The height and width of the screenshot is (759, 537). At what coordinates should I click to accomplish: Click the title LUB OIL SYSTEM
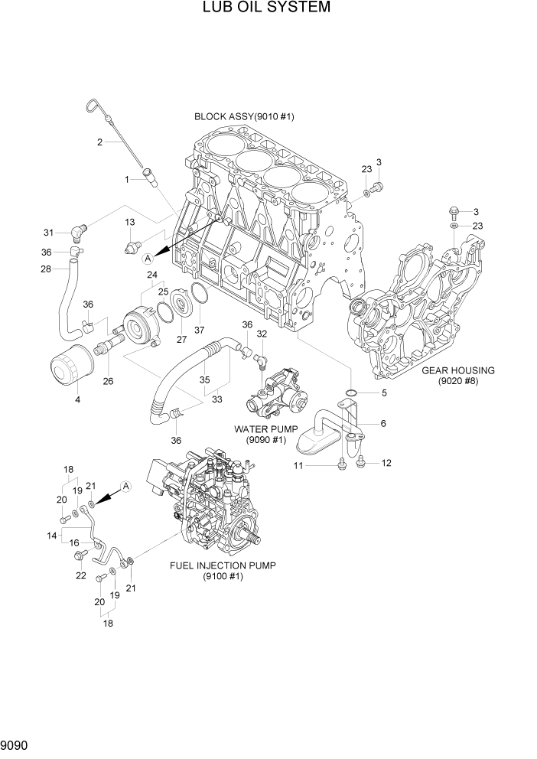click(267, 8)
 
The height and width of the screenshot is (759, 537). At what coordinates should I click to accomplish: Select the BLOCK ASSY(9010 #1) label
click(244, 117)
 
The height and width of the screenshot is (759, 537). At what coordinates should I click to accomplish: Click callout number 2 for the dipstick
click(99, 142)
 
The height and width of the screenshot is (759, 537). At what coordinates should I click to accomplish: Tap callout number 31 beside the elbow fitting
click(48, 233)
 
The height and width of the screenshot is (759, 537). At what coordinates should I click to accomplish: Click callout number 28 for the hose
click(45, 269)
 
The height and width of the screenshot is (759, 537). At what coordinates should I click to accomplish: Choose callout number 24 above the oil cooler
click(152, 275)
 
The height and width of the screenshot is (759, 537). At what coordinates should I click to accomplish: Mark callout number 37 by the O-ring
click(200, 330)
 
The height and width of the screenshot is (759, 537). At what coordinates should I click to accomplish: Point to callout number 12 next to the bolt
click(386, 463)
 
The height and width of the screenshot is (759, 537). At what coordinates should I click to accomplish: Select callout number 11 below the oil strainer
click(299, 466)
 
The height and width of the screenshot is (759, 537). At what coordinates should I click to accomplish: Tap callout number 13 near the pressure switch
click(129, 222)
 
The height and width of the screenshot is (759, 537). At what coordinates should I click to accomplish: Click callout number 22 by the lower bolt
click(81, 576)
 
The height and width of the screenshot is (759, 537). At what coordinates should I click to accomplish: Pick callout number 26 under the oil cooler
click(108, 381)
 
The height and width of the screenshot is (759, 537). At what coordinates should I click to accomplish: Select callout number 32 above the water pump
click(261, 334)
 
